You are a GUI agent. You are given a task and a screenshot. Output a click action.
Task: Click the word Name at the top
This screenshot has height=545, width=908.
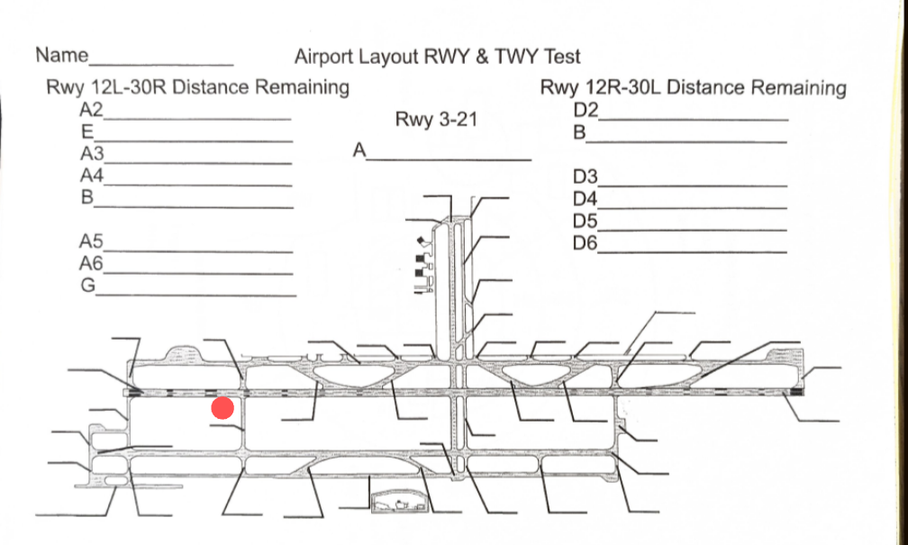coord(61,55)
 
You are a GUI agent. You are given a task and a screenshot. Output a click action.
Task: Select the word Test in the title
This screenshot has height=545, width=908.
coord(562,57)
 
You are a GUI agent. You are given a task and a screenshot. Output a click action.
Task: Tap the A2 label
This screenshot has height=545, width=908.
coord(92,111)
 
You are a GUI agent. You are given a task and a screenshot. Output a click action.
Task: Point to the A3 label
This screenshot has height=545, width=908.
coord(92,153)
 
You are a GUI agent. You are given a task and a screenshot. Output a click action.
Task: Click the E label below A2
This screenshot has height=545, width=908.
coord(88,132)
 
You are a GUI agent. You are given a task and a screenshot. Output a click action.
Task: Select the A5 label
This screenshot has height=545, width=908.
coord(92,241)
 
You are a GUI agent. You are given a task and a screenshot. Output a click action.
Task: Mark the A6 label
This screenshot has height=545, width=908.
coord(92,263)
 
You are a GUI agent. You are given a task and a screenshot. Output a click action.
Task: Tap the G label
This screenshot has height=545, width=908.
coord(88,285)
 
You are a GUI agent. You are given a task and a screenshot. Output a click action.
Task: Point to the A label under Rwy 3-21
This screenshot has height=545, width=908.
coord(360,150)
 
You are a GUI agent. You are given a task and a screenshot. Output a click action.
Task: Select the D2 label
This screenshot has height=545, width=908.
coord(586,111)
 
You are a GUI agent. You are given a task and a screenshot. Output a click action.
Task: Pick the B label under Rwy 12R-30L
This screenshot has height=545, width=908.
coord(580,132)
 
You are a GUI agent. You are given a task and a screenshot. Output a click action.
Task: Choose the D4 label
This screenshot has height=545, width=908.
coord(586,197)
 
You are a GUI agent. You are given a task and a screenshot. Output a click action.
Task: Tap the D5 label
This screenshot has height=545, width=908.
coord(586,220)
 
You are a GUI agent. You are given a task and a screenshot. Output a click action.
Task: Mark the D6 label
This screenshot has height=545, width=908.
coord(586,241)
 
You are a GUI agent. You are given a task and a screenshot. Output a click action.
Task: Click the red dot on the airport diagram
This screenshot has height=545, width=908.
coord(222,408)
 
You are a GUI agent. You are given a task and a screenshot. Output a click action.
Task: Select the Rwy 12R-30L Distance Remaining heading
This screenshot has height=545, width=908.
coord(693,87)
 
